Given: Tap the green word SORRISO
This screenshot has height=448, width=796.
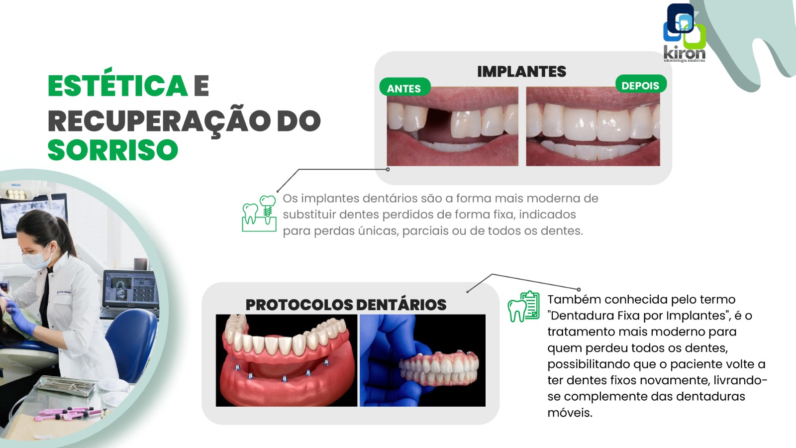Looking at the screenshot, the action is pyautogui.click(x=113, y=150).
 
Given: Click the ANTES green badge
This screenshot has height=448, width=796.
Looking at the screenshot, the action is pyautogui.click(x=405, y=88).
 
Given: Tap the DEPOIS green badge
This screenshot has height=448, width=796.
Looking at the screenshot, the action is pyautogui.click(x=641, y=85).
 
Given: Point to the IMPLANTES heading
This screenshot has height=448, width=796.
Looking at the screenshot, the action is pyautogui.click(x=522, y=72).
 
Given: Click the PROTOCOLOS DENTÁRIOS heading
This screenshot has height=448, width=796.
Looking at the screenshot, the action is pyautogui.click(x=346, y=305).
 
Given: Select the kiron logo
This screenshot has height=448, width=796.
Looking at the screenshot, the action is pyautogui.click(x=684, y=33).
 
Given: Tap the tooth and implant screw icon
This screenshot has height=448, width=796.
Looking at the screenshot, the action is pyautogui.click(x=259, y=214).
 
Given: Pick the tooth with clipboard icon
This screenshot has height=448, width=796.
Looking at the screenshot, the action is pyautogui.click(x=523, y=307).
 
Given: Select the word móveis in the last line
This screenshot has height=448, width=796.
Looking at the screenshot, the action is pyautogui.click(x=570, y=413).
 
